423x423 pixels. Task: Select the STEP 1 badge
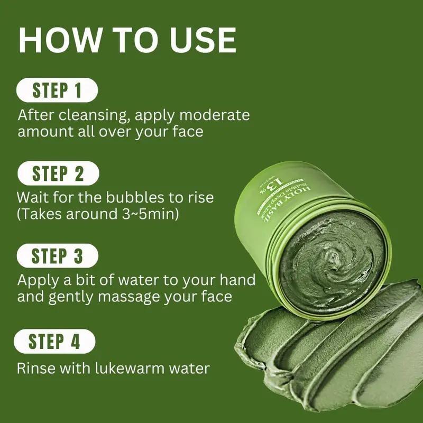click(57, 90)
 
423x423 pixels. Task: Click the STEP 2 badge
click(58, 173)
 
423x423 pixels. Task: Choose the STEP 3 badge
click(57, 256)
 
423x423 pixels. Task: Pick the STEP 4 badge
click(55, 341)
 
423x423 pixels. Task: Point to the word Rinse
click(35, 368)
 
